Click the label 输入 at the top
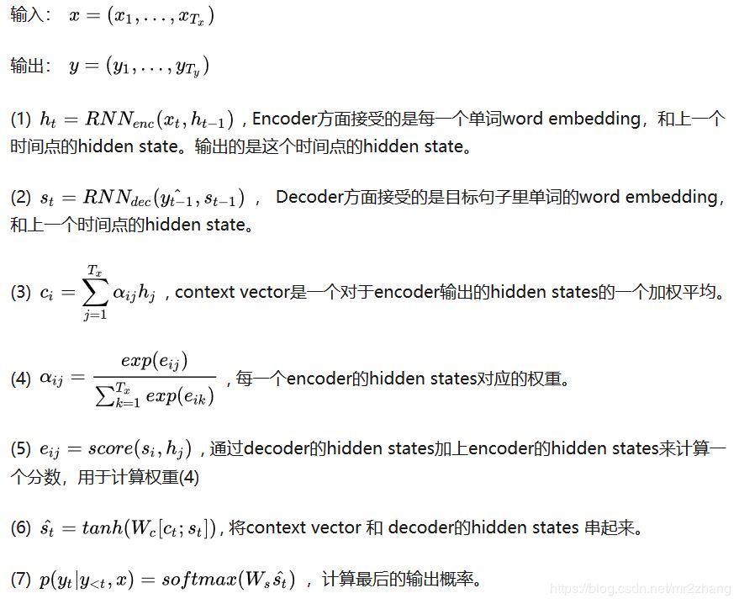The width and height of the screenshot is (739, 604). tap(27, 17)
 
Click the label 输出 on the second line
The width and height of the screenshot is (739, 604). tap(27, 66)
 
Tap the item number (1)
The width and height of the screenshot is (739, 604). tap(21, 119)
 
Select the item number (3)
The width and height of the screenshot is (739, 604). tap(21, 293)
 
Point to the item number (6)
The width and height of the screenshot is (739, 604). tap(21, 528)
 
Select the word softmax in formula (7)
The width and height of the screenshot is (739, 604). tap(198, 580)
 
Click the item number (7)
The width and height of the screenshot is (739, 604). tap(21, 580)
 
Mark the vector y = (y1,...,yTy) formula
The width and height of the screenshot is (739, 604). tap(139, 66)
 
